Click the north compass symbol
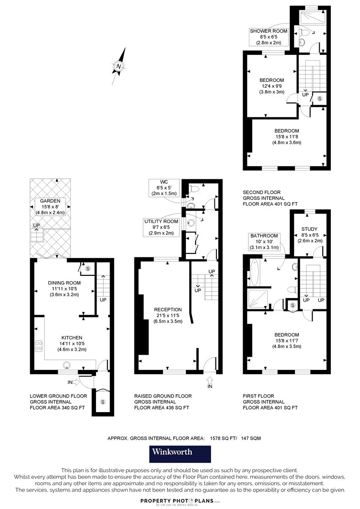(119, 66)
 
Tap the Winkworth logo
(180, 454)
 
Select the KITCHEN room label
(72, 337)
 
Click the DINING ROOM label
(65, 283)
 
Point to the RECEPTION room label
(168, 309)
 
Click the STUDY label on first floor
(310, 229)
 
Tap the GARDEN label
(50, 201)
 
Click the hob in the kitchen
(39, 345)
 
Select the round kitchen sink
(67, 365)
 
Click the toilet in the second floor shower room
(304, 32)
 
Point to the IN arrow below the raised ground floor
(210, 379)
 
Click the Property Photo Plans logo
(177, 501)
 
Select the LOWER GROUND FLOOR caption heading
(58, 396)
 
